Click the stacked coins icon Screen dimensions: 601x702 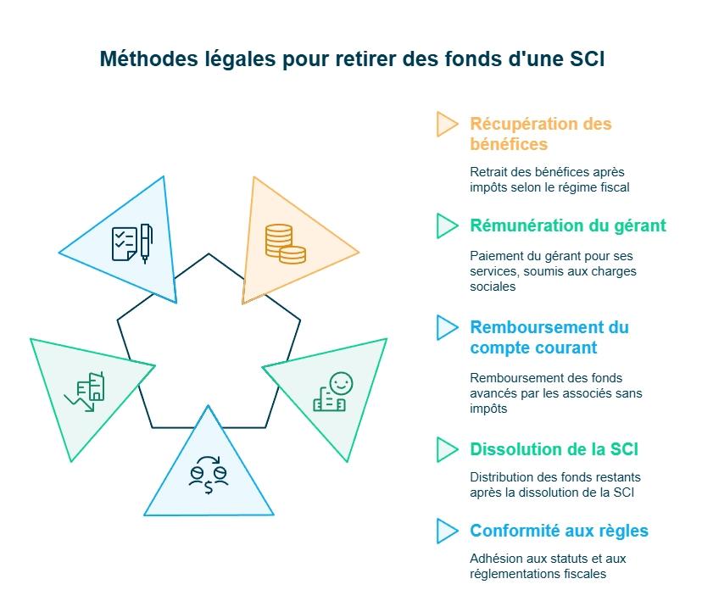point(285,243)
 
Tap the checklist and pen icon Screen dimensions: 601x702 point(131,243)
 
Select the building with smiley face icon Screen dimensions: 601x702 point(332,392)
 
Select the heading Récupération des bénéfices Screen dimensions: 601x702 point(540,133)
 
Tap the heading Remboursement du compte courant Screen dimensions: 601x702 point(549,337)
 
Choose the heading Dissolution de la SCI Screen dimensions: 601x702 point(554,449)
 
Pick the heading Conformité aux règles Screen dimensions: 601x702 point(559,531)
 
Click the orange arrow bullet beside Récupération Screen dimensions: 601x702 point(446,124)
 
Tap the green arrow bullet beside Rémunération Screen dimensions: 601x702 point(446,225)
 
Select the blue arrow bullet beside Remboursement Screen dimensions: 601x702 point(446,327)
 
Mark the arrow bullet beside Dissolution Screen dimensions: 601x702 point(446,449)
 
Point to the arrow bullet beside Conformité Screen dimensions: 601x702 point(446,531)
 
